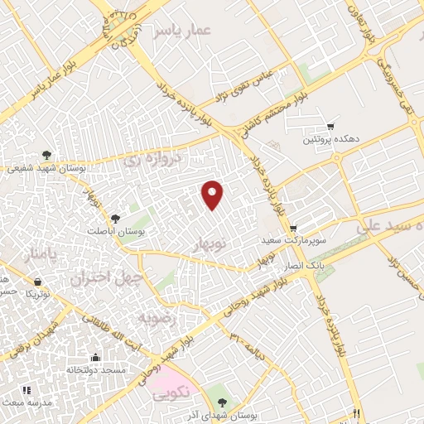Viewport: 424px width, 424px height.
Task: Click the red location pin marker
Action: pos(214,194)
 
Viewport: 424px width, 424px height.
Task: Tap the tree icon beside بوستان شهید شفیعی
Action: pos(47,154)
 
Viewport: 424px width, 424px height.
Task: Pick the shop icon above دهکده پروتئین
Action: pos(330,126)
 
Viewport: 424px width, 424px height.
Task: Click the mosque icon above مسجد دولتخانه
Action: pos(96,358)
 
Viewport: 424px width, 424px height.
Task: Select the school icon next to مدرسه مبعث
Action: pos(26,390)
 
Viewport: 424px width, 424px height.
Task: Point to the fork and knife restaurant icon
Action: pos(357,413)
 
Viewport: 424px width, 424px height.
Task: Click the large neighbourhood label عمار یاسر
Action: pos(183,31)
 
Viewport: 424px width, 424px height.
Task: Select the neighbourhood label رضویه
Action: pos(157,317)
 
